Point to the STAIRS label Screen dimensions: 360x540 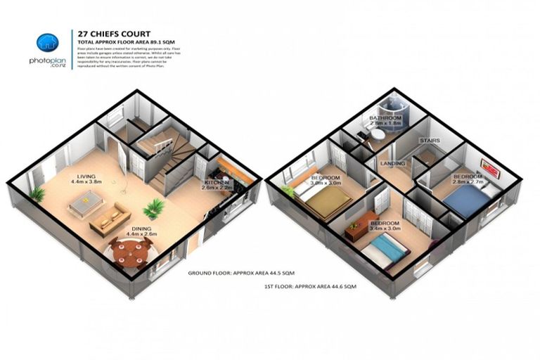pyautogui.click(x=430, y=141)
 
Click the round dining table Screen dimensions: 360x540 pyautogui.click(x=131, y=250)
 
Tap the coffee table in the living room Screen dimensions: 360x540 pyautogui.click(x=86, y=205)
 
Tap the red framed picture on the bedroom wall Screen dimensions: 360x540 pyautogui.click(x=489, y=167)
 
